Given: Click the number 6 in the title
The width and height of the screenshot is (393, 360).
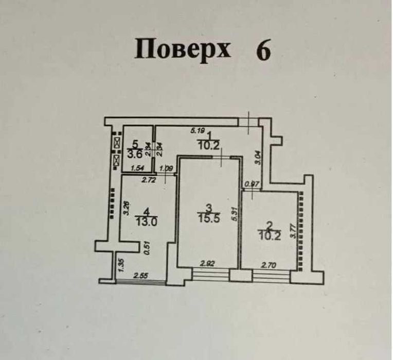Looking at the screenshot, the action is tap(263, 50).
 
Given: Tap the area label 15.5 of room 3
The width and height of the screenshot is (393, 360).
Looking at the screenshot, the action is tap(209, 218).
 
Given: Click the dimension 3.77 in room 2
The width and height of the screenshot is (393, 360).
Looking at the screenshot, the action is tap(293, 229).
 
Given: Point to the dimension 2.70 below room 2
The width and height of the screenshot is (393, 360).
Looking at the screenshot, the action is tap(269, 265).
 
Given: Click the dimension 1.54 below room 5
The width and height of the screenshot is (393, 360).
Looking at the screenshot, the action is tap(137, 168).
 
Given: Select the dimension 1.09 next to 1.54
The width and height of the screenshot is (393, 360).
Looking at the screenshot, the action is tap(166, 168).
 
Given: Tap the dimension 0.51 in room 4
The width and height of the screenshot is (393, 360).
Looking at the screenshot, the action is tap(147, 249).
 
